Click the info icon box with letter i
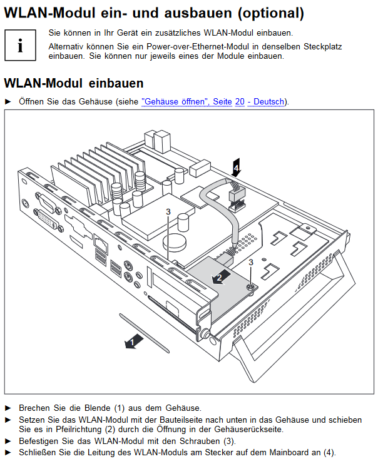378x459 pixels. click(x=20, y=45)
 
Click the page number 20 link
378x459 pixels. click(x=240, y=101)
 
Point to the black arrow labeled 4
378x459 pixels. click(x=236, y=168)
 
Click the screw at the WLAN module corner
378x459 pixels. click(x=250, y=288)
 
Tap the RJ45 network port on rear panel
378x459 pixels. click(x=100, y=243)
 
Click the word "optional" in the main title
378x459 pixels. click(x=271, y=13)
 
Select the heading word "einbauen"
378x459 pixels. click(x=116, y=83)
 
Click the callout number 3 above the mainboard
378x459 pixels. click(x=168, y=211)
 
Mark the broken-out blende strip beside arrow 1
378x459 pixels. click(x=145, y=333)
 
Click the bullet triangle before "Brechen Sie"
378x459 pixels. click(x=8, y=408)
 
